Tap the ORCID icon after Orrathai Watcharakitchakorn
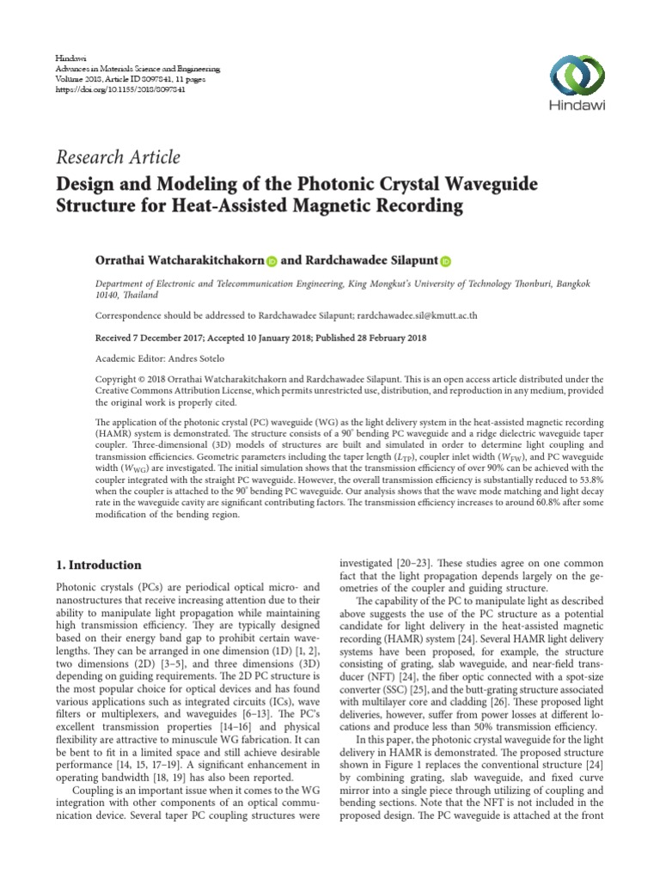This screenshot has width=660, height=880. pos(272,260)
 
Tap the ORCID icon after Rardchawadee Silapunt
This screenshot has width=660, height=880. pos(446,260)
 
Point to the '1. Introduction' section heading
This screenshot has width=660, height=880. pos(98,565)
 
